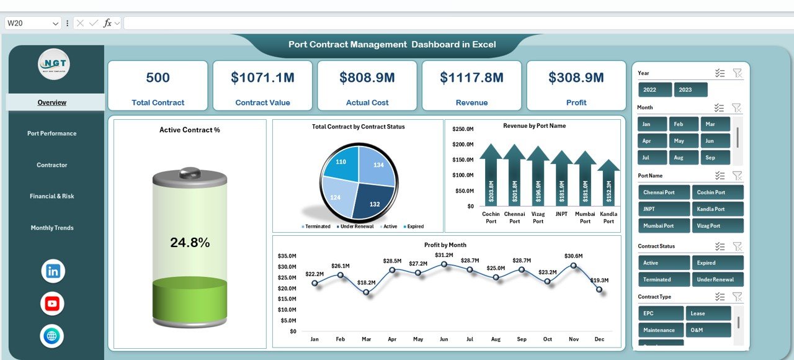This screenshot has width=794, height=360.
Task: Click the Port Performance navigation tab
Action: coord(52,133)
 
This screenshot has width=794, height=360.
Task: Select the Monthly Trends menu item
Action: coord(52,228)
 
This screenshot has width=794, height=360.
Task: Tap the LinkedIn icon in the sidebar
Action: coord(53,271)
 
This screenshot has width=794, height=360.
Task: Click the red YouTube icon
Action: coord(52,304)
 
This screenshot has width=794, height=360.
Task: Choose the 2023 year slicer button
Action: coord(690,90)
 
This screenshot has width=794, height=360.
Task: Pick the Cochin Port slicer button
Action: coord(718,192)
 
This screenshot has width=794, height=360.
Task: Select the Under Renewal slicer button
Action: coord(718,279)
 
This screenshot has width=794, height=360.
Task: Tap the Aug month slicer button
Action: coord(683,158)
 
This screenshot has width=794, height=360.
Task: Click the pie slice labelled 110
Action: coord(341,162)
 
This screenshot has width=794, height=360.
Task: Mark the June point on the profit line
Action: coord(444,264)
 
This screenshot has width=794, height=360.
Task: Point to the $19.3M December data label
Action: coord(599,281)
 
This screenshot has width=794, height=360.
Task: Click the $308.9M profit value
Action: coord(576,78)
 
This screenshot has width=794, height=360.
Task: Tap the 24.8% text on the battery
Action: coord(190,243)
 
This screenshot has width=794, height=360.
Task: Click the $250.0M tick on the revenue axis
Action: coord(463,129)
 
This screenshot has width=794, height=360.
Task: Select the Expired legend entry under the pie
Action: coord(415,227)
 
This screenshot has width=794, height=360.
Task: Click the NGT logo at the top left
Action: coord(54,64)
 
